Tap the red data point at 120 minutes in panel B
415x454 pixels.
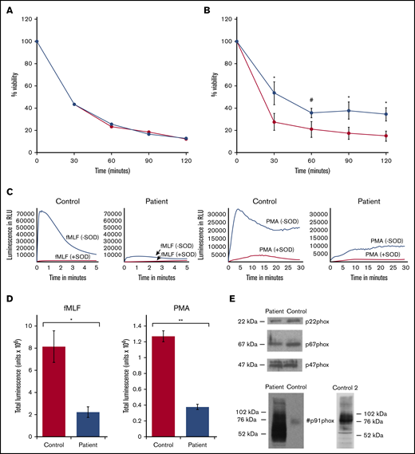tap(385, 136)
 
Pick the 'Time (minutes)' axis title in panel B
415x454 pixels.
tap(311, 170)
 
